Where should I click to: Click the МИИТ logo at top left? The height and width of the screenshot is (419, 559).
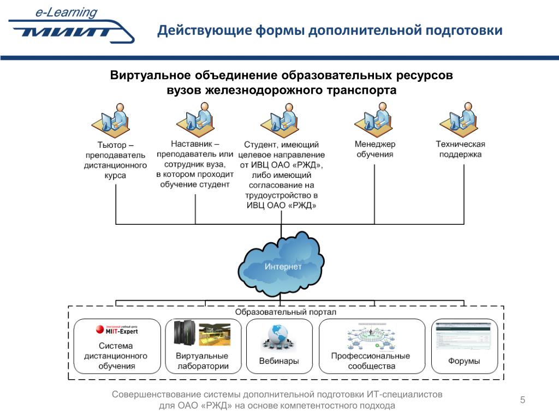71,31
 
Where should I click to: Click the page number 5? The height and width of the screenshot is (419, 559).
522,400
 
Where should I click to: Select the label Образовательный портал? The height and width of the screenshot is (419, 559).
286,313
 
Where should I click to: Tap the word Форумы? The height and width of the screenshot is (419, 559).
464,361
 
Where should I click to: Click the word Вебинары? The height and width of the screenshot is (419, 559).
278,361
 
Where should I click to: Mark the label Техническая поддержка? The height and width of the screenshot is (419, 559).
460,149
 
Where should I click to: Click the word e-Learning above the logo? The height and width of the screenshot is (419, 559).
67,12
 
